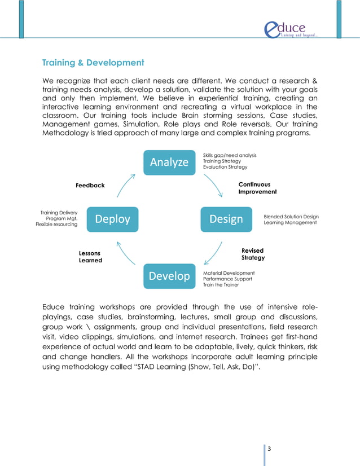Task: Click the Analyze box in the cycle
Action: pyautogui.click(x=169, y=162)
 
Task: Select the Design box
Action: pyautogui.click(x=226, y=219)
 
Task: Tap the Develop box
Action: pyautogui.click(x=169, y=276)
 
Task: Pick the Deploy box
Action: pyautogui.click(x=112, y=219)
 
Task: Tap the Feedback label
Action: pyautogui.click(x=90, y=186)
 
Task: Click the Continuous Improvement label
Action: pyautogui.click(x=257, y=188)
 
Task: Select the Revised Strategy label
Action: pyautogui.click(x=253, y=254)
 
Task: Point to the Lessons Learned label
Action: pyautogui.click(x=90, y=257)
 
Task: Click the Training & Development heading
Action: pyautogui.click(x=93, y=62)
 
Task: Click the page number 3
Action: pyautogui.click(x=269, y=449)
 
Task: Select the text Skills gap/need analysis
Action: pyautogui.click(x=229, y=155)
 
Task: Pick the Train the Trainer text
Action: pyautogui.click(x=221, y=285)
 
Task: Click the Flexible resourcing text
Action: pyautogui.click(x=56, y=225)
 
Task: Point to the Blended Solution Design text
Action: pyautogui.click(x=291, y=217)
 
